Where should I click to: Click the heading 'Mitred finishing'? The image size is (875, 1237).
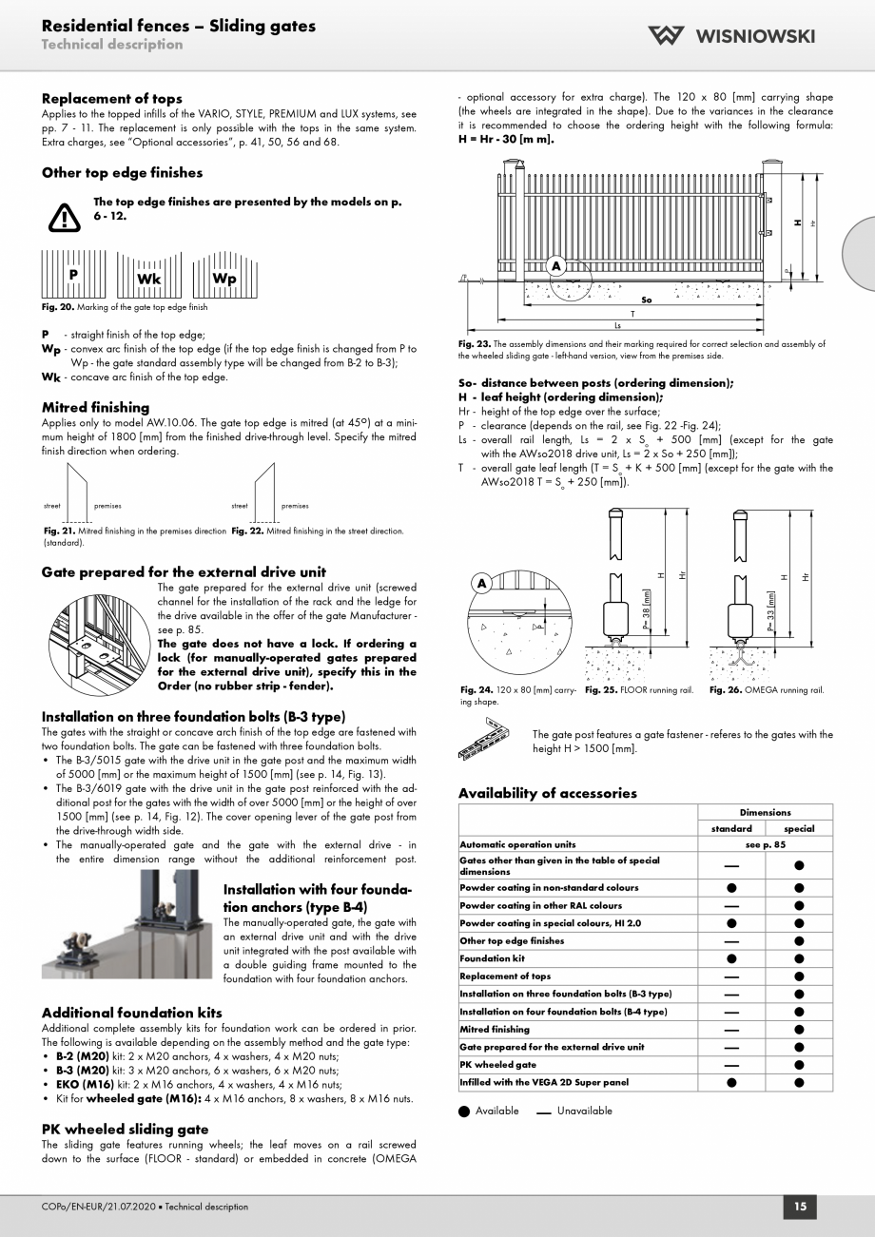[x=95, y=407]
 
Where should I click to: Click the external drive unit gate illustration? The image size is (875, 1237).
[x=98, y=635]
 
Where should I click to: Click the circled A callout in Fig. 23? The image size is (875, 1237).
[x=555, y=265]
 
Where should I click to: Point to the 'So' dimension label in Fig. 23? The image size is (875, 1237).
[x=647, y=300]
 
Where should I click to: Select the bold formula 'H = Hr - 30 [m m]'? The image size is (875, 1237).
[x=506, y=139]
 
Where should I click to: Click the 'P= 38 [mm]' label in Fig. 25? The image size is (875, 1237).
[x=647, y=609]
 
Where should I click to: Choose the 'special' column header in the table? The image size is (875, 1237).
[x=799, y=828]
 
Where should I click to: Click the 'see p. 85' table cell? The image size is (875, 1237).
[x=765, y=844]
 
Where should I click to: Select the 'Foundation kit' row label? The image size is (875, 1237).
[x=491, y=958]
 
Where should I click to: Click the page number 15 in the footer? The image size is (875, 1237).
[x=800, y=1207]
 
